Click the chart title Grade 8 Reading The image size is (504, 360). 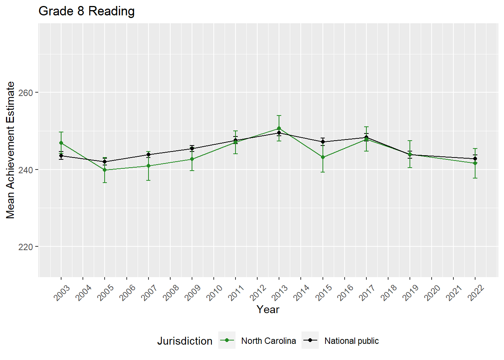click(87, 11)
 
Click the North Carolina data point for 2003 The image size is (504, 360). click(61, 143)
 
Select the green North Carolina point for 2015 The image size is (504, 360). click(322, 157)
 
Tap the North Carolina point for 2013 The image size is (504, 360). click(279, 129)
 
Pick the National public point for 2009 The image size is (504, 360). click(192, 148)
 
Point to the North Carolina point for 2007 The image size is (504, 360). click(148, 166)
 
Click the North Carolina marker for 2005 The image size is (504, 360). click(105, 170)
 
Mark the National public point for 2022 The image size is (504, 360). click(475, 159)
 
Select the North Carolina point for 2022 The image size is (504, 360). click(475, 163)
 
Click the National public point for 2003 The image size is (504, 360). click(61, 156)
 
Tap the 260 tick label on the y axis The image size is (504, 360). click(25, 93)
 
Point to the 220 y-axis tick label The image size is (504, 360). click(25, 247)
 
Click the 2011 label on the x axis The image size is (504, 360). click(236, 293)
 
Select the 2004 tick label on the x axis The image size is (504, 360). click(84, 293)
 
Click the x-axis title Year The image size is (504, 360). click(268, 310)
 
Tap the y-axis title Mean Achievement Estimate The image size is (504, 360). click(10, 150)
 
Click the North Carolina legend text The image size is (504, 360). click(268, 341)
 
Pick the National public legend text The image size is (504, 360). click(351, 341)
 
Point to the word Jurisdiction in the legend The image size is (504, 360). click(184, 341)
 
